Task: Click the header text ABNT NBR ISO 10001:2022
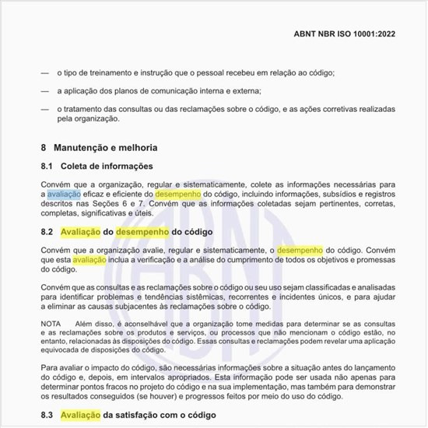click(350, 35)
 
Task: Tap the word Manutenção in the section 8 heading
click(87, 147)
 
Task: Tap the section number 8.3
click(47, 416)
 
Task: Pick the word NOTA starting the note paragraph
click(51, 323)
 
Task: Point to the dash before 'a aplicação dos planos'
click(46, 91)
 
